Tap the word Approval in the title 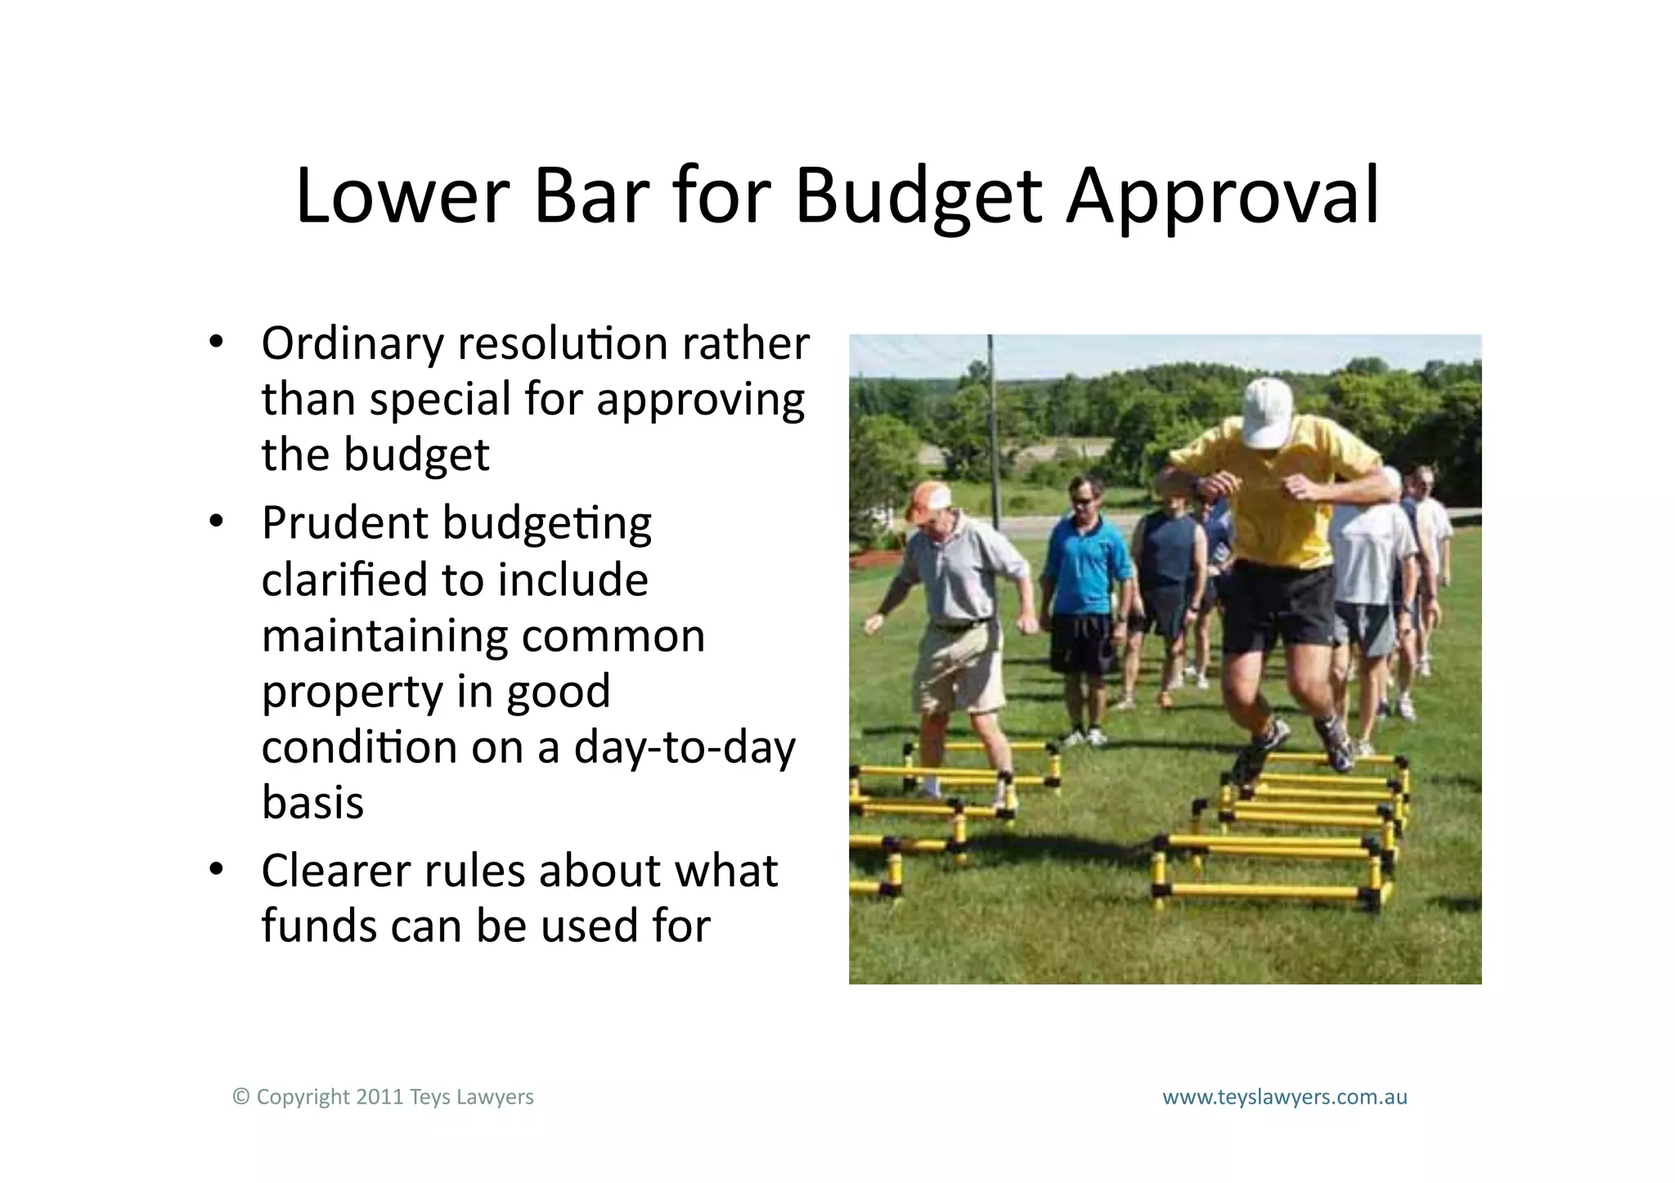pos(1223,198)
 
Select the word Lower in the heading pos(402,198)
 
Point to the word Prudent pos(344,523)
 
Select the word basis pos(312,803)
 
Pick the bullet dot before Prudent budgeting pos(215,521)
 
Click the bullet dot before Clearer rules pos(215,869)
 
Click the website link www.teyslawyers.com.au pos(1285,1097)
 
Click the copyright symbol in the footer pos(240,1097)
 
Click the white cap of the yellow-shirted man pos(1267,413)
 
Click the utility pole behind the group pos(992,425)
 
